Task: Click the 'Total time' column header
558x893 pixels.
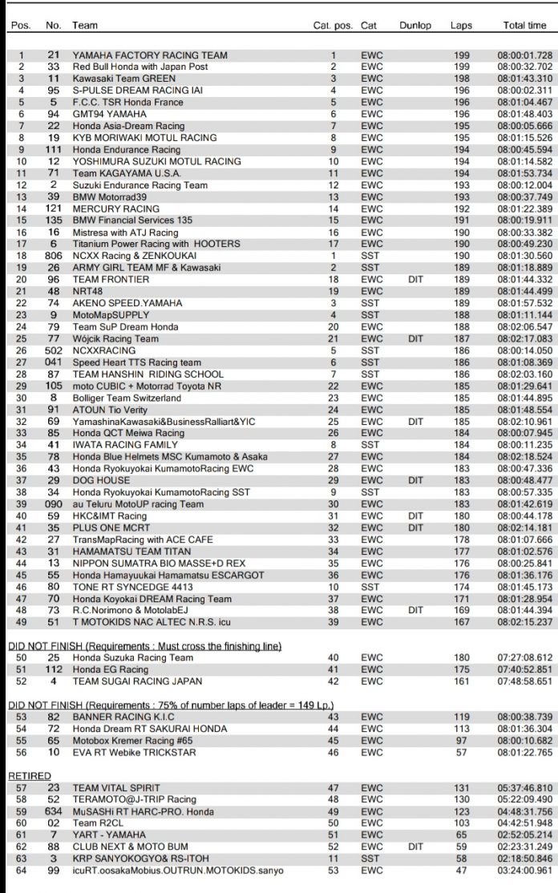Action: [x=524, y=26]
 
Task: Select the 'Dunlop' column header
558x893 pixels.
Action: [x=414, y=26]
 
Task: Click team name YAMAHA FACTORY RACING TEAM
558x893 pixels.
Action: [x=150, y=56]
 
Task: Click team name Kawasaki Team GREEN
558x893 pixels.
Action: [x=118, y=79]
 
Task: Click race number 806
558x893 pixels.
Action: [x=53, y=255]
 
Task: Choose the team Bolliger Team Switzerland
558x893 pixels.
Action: [x=127, y=398]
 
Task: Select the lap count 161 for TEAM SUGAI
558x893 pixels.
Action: [x=461, y=681]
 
